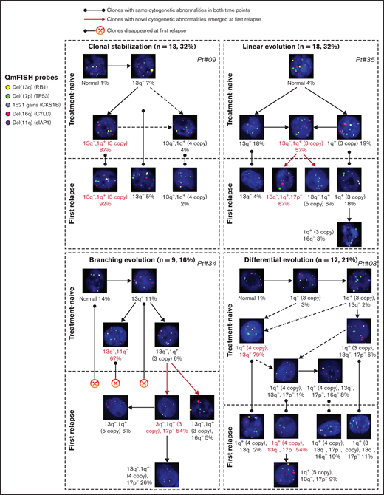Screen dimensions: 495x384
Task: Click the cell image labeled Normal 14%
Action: coord(94,281)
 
